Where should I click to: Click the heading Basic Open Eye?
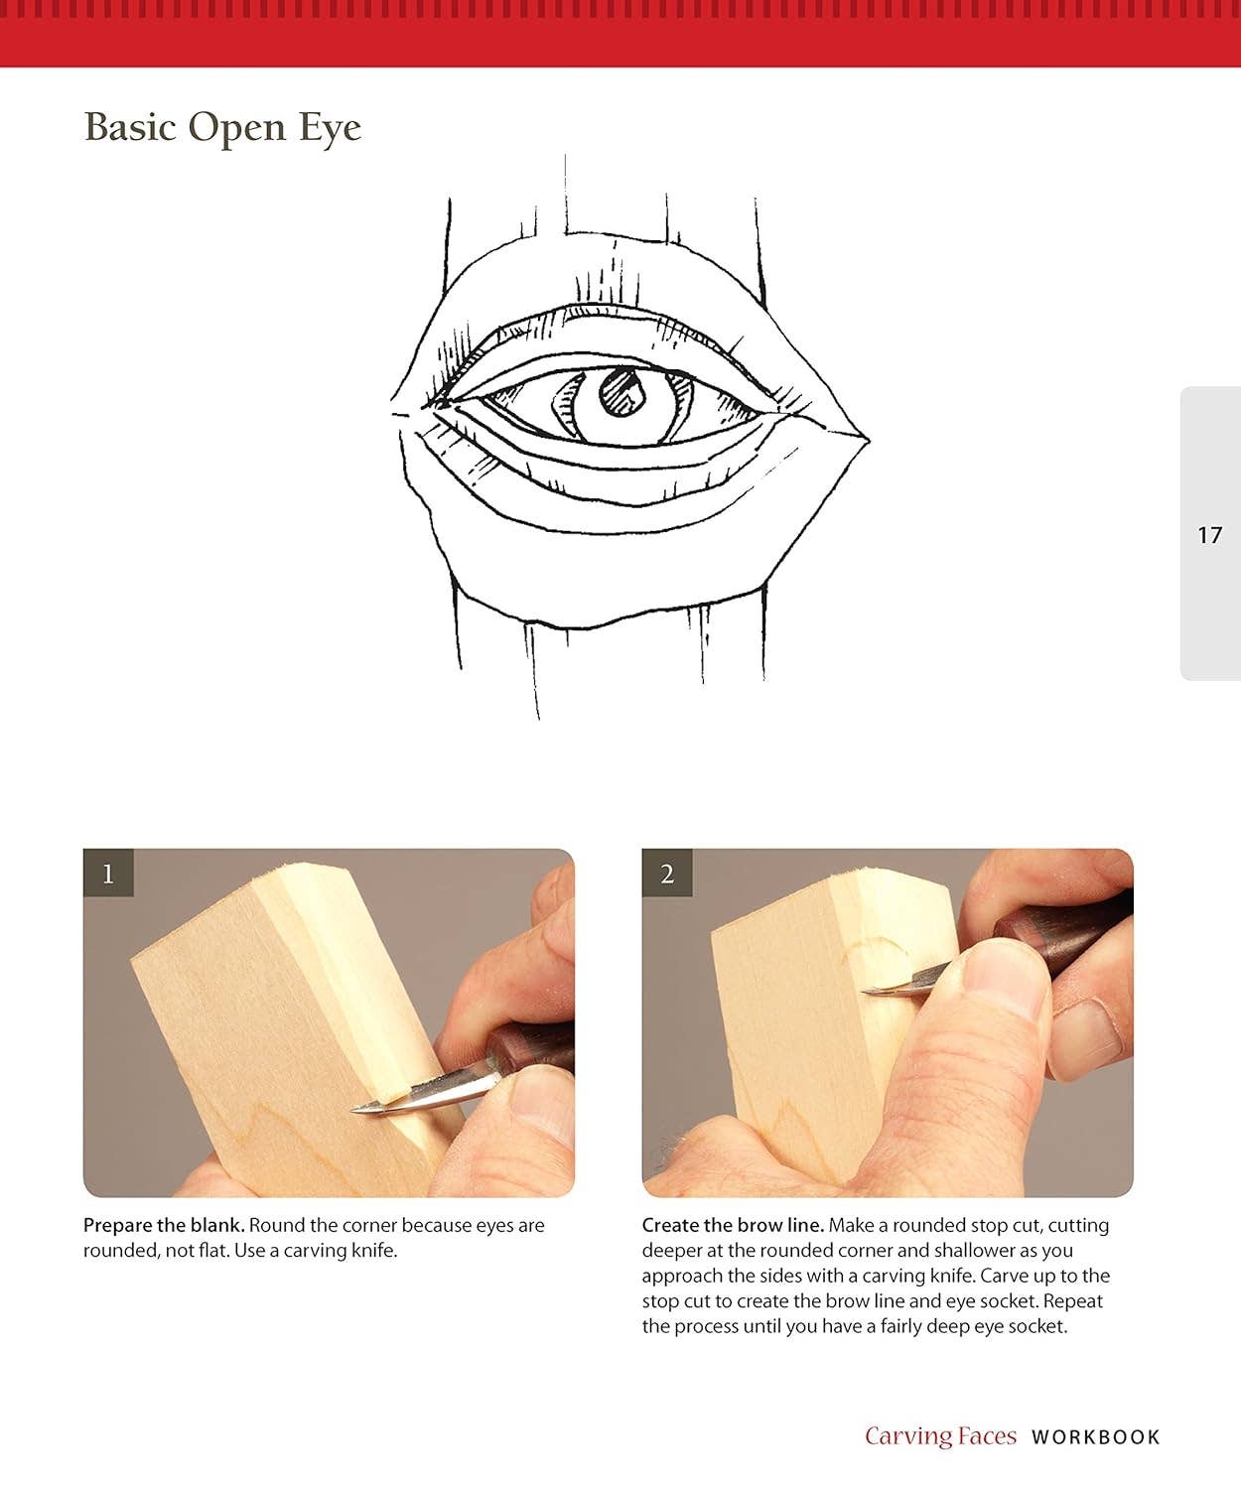point(222,128)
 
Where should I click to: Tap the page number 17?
point(1209,535)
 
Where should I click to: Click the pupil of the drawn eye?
point(622,391)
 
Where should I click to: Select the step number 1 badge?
point(108,874)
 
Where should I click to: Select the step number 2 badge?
point(667,874)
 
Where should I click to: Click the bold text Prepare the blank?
point(164,1225)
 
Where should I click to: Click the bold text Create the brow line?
point(733,1225)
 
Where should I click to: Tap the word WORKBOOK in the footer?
point(1095,1436)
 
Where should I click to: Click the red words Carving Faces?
point(940,1436)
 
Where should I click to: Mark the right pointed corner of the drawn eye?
point(868,437)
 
